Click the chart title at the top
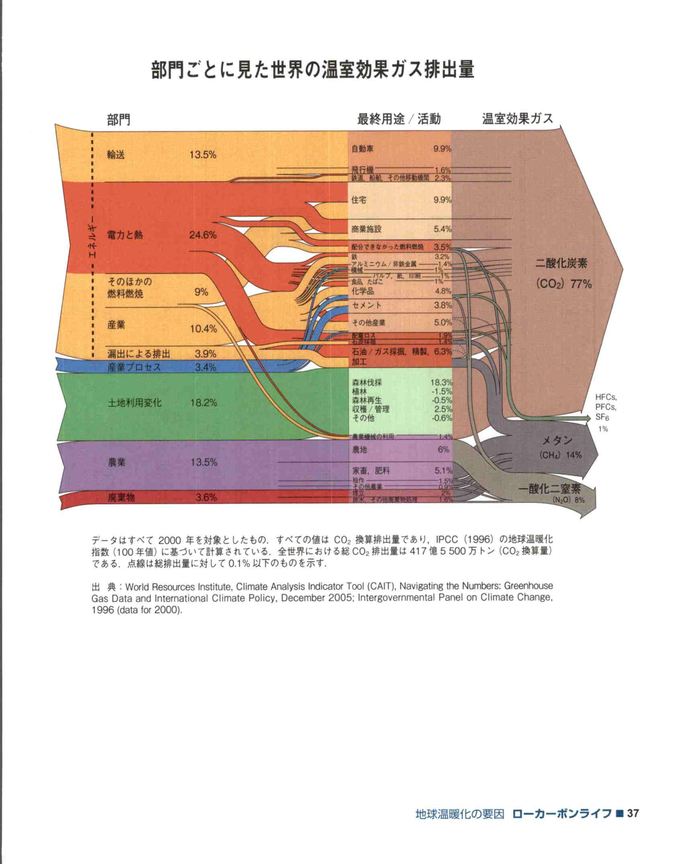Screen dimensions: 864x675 pyautogui.click(x=313, y=70)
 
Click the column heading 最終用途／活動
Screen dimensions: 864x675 pyautogui.click(x=399, y=119)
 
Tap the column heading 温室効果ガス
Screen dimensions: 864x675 pyautogui.click(x=517, y=119)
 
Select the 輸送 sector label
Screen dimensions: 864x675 pyautogui.click(x=116, y=155)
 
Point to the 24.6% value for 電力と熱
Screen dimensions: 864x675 pyautogui.click(x=203, y=235)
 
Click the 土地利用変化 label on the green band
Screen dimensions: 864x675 pyautogui.click(x=135, y=402)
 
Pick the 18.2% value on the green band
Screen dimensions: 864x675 pyautogui.click(x=204, y=402)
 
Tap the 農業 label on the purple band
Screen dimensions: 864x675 pyautogui.click(x=117, y=462)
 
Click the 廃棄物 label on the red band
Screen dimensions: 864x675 pyautogui.click(x=121, y=498)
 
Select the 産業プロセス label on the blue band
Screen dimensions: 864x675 pyautogui.click(x=134, y=367)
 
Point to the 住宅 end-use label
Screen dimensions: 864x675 pyautogui.click(x=359, y=200)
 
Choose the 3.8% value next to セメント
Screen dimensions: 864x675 pyautogui.click(x=443, y=305)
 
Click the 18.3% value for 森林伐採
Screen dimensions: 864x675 pyautogui.click(x=442, y=382)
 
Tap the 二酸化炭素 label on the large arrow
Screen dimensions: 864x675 pyautogui.click(x=561, y=264)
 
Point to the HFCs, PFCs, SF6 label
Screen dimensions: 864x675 pyautogui.click(x=606, y=407)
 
